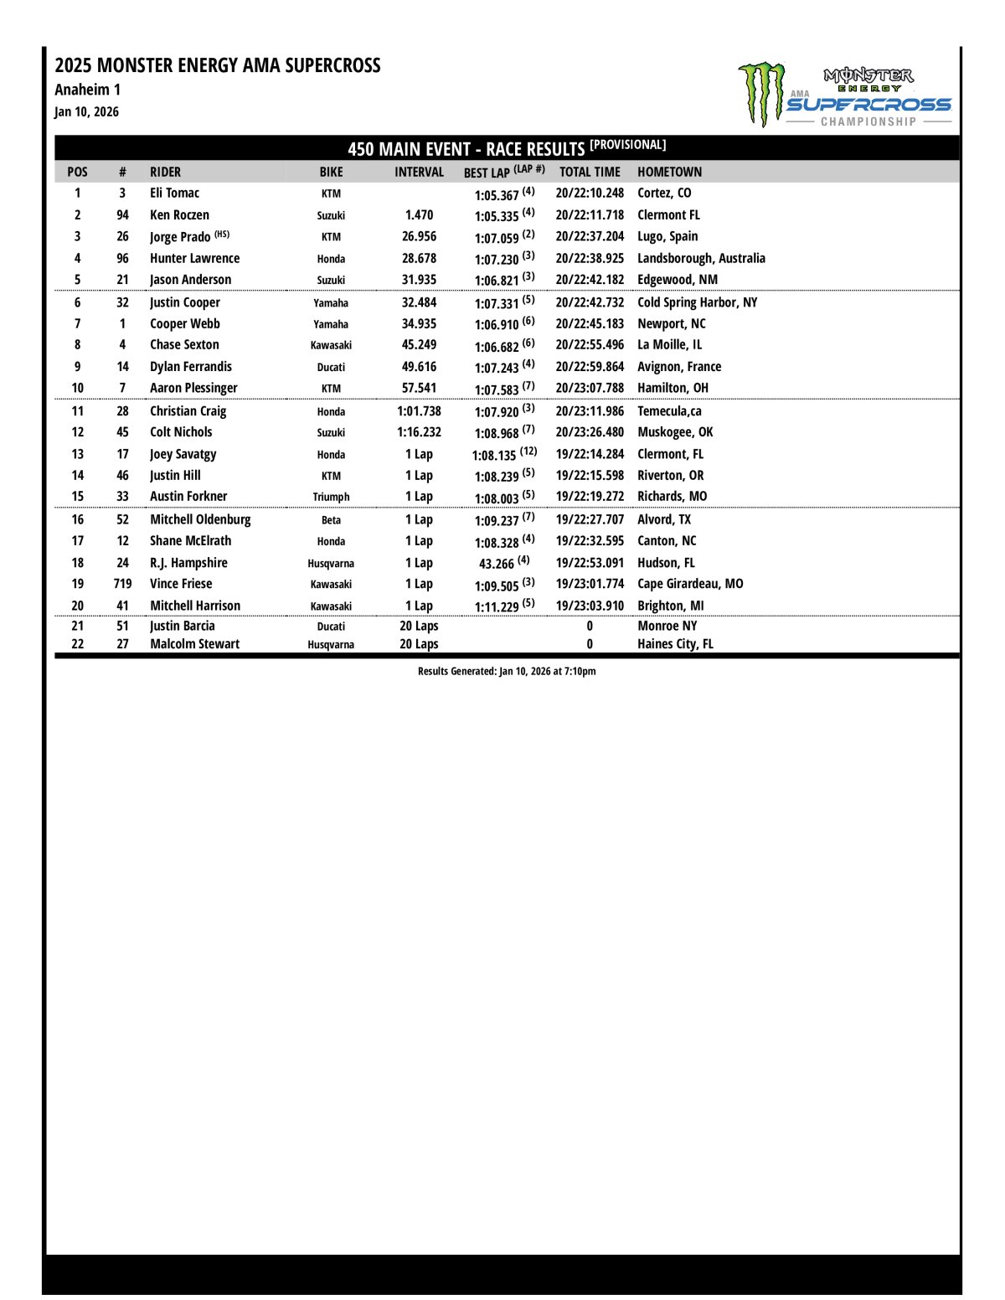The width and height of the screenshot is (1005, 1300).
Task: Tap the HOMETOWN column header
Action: pos(669,172)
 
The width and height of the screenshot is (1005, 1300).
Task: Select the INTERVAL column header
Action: pos(419,172)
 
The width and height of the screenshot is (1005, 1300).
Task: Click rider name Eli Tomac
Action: pos(174,193)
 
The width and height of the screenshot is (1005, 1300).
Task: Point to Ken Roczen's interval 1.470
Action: pos(419,215)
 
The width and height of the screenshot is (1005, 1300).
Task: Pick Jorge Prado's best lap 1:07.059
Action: pos(497,238)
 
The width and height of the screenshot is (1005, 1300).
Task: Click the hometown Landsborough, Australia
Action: pos(701,258)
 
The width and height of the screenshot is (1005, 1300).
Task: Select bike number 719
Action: pos(122,584)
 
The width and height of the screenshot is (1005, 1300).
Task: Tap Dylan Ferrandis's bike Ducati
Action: pos(331,367)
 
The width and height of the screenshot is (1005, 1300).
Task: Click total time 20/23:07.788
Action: pos(590,388)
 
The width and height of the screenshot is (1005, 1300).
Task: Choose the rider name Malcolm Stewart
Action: pos(194,644)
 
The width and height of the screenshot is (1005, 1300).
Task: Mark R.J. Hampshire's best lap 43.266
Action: pos(497,564)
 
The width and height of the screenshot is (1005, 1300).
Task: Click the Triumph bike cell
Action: pos(331,497)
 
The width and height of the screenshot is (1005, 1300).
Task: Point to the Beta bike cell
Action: pos(331,520)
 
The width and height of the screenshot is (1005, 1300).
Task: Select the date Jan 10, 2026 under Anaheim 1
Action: pos(87,111)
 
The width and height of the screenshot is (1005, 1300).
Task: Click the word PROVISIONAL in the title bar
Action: pos(628,145)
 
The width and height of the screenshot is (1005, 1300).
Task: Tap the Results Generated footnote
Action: pos(507,671)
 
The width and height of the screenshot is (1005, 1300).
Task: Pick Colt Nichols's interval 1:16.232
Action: pos(419,432)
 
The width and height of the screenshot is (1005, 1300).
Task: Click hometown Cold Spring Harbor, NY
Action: pos(697,302)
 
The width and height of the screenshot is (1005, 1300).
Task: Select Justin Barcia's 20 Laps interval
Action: pos(419,626)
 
